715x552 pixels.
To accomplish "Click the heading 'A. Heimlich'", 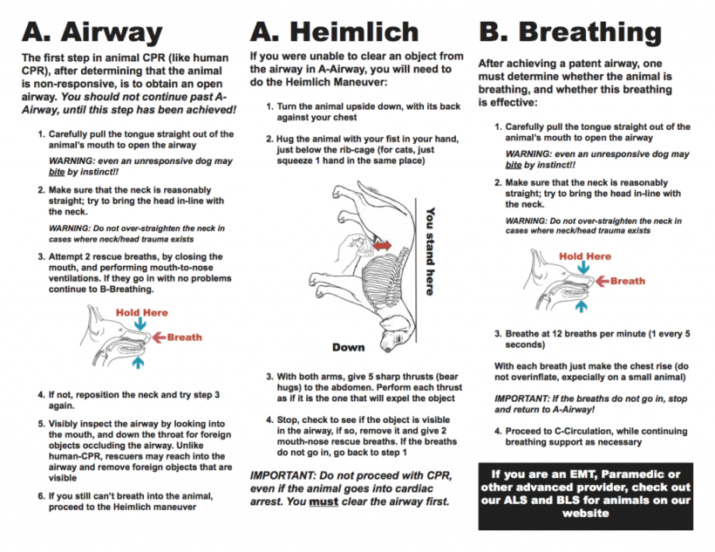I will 334,32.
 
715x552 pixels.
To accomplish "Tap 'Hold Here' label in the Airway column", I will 141,312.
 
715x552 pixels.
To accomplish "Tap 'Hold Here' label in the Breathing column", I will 584,256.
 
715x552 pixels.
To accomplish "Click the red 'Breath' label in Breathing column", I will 628,281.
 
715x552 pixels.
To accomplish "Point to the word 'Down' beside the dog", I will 348,347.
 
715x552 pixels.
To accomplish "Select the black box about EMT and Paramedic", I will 585,496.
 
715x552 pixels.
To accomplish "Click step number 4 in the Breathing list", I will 498,430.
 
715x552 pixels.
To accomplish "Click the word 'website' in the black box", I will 585,514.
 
